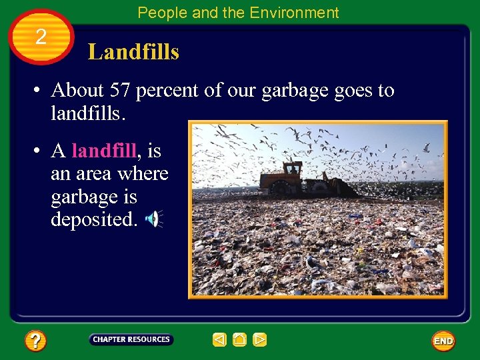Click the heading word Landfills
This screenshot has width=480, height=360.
tap(133, 51)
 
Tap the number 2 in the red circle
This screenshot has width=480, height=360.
tap(41, 37)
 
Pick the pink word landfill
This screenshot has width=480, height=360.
tap(103, 151)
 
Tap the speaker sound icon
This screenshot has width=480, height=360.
tap(153, 219)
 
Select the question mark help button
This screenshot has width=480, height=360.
tap(35, 341)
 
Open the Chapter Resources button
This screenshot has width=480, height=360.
tap(131, 339)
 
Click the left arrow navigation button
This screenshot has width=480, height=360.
tap(219, 340)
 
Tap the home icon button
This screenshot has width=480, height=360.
tap(240, 340)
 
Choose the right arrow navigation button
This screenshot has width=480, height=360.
tap(260, 340)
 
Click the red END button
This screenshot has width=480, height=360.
tap(443, 341)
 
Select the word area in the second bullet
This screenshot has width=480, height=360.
tap(96, 173)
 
